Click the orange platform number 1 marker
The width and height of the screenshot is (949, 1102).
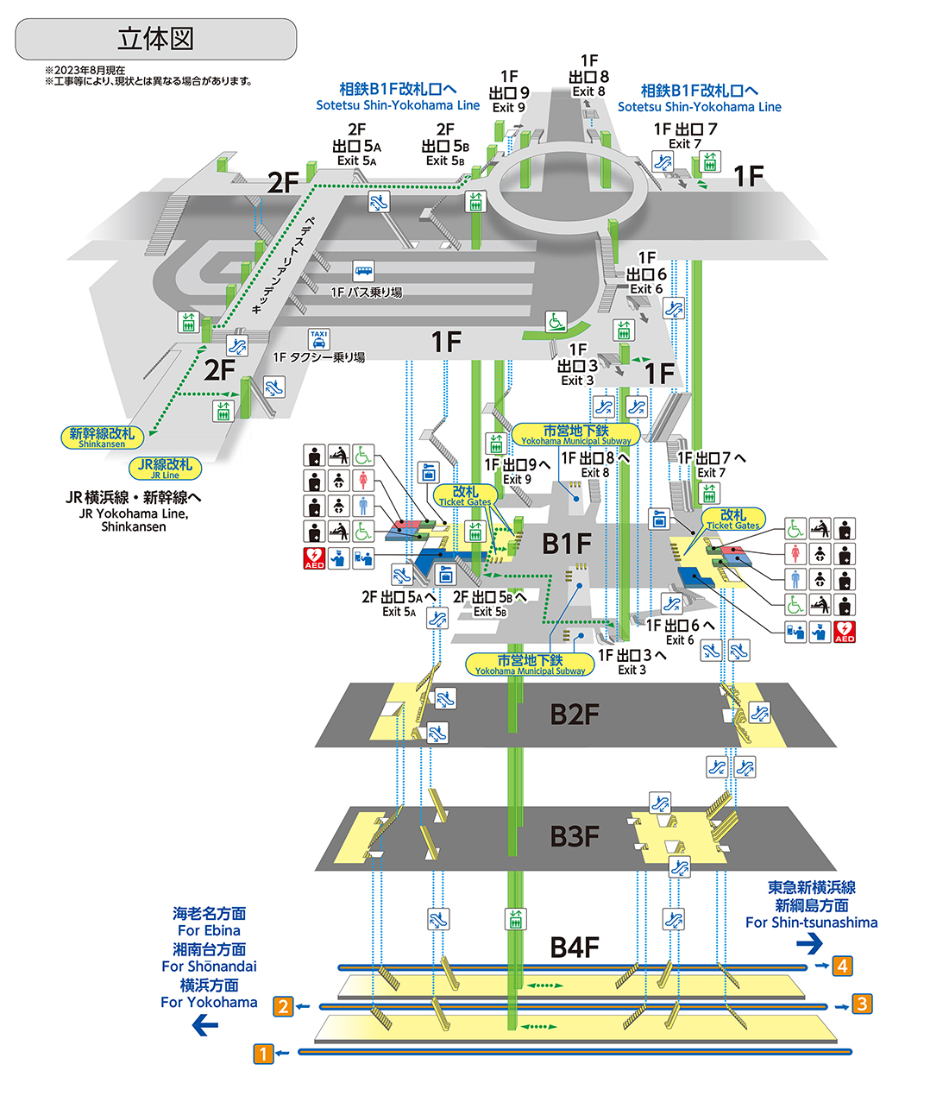pos(263,1053)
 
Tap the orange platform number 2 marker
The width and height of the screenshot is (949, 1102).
pos(283,1006)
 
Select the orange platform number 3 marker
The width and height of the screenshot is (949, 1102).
pos(862,1004)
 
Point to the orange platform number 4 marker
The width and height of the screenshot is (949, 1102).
pos(842,966)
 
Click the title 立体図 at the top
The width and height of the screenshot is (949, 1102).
pos(155,39)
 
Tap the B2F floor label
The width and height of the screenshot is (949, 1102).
pos(575,715)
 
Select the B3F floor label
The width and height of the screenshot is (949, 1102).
pos(575,836)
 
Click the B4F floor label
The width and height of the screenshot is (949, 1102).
pos(575,948)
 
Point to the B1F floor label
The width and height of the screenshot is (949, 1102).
pos(567,544)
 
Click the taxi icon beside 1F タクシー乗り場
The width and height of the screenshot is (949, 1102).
pos(319,339)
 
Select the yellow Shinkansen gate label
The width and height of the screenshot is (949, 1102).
pos(102,437)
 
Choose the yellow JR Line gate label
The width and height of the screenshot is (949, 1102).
pos(166,469)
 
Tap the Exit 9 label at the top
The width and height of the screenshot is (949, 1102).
pos(509,92)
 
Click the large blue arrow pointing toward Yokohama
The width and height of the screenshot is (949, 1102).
pos(205,1025)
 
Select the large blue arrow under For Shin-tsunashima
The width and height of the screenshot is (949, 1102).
pos(809,944)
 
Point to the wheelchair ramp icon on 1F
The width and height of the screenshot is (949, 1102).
pos(556,322)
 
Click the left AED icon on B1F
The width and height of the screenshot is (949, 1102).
pos(314,558)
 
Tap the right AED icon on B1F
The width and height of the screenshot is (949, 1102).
pos(845,632)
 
